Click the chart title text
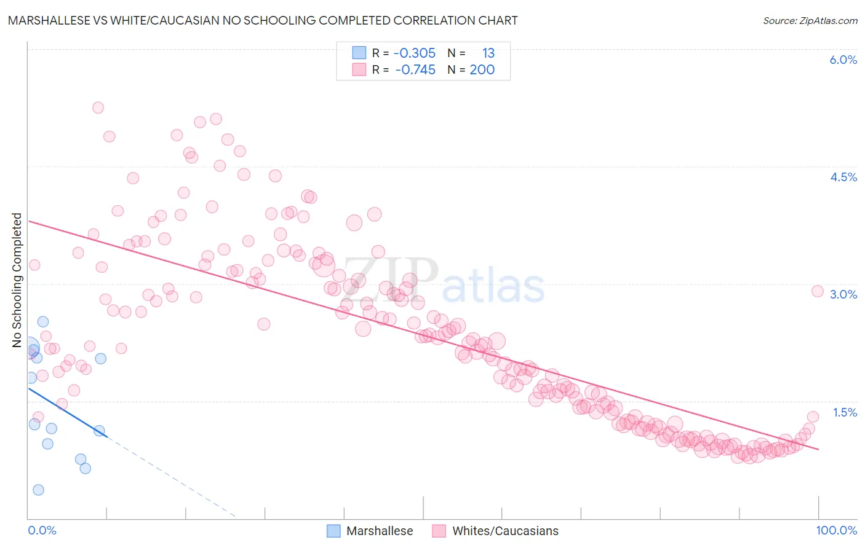[263, 20]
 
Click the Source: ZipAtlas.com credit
[810, 20]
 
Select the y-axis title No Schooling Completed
[17, 280]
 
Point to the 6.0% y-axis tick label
[843, 60]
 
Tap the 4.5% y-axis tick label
[843, 177]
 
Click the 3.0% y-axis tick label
[843, 294]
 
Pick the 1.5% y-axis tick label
[844, 412]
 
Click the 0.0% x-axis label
[42, 530]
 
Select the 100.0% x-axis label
[836, 530]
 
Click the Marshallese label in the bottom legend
[380, 531]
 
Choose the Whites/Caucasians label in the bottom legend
[505, 531]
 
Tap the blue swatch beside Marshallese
[333, 531]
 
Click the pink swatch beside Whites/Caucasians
[439, 531]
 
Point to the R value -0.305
[415, 53]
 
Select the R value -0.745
[415, 70]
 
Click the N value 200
[482, 70]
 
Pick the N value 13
[488, 53]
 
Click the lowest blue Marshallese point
[38, 490]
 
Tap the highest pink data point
[98, 108]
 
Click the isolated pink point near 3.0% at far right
[818, 291]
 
